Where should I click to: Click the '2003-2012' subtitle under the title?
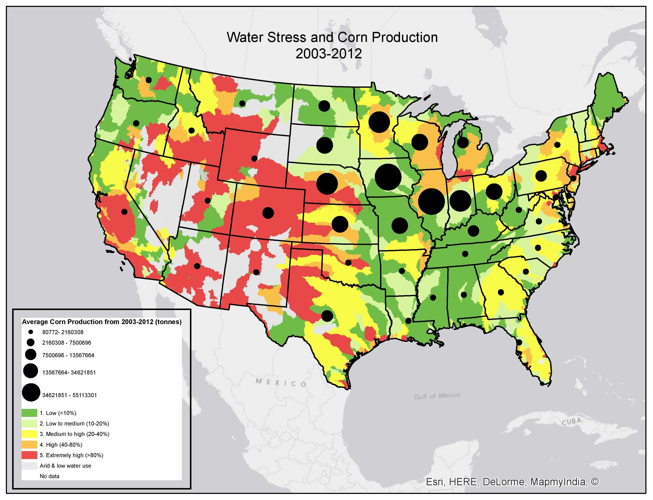pyautogui.click(x=329, y=54)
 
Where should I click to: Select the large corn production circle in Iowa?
pyautogui.click(x=388, y=177)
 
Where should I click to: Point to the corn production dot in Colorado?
pyautogui.click(x=268, y=213)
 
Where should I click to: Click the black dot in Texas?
pyautogui.click(x=327, y=316)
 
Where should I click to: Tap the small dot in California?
pyautogui.click(x=124, y=212)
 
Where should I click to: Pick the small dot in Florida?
pyautogui.click(x=519, y=342)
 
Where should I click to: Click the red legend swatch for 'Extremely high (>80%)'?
pyautogui.click(x=29, y=455)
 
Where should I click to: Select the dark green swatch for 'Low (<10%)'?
pyautogui.click(x=29, y=413)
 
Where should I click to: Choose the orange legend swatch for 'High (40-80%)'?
pyautogui.click(x=29, y=445)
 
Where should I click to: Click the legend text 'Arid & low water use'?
pyautogui.click(x=65, y=466)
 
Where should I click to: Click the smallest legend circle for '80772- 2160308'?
pyautogui.click(x=31, y=332)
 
